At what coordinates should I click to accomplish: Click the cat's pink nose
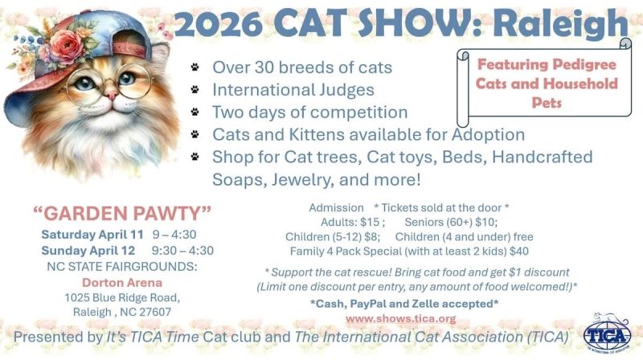[110, 95]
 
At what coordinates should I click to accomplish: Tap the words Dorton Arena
[122, 282]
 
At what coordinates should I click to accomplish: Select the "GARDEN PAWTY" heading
[122, 214]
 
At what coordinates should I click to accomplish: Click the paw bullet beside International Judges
[195, 89]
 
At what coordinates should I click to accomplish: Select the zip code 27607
[154, 312]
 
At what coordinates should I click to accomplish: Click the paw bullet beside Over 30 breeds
[195, 67]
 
